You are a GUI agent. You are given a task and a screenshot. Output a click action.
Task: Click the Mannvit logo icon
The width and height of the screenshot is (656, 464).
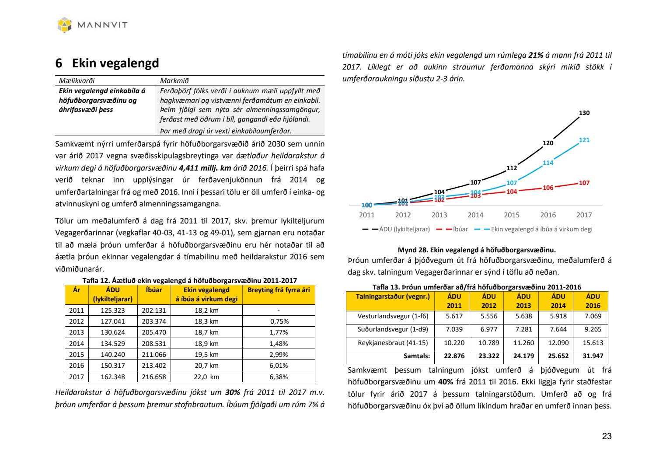(x=64, y=24)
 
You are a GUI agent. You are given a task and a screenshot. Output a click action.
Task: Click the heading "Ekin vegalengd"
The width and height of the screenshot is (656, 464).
(x=115, y=63)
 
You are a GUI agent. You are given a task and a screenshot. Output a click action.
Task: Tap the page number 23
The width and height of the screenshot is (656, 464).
(x=607, y=436)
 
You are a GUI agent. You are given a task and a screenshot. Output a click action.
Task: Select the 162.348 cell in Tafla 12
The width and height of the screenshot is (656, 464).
(x=113, y=377)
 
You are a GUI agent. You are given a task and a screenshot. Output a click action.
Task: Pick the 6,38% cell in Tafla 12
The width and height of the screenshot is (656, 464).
(x=279, y=377)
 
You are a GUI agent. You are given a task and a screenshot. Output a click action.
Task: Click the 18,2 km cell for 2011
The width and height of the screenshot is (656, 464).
(x=206, y=310)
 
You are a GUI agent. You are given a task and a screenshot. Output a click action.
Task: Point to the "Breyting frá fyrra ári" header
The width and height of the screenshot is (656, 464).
(x=279, y=290)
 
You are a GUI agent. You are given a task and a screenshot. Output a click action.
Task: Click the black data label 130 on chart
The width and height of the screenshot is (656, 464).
(x=584, y=113)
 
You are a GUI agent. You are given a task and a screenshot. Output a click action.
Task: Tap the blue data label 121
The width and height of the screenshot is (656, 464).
(x=584, y=140)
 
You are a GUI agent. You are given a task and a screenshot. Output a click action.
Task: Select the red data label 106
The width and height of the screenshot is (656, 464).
(x=548, y=188)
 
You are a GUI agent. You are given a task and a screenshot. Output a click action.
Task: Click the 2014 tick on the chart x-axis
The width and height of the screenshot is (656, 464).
(x=475, y=215)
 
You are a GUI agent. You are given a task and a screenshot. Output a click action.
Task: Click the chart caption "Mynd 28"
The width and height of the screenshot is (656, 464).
(x=477, y=250)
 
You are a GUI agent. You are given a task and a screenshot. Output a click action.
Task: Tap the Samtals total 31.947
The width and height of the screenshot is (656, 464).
(x=593, y=356)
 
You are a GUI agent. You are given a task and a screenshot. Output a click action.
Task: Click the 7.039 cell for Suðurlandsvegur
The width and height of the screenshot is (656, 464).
(x=454, y=329)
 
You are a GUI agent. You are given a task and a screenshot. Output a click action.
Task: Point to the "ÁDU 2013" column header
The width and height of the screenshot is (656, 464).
(x=523, y=301)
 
